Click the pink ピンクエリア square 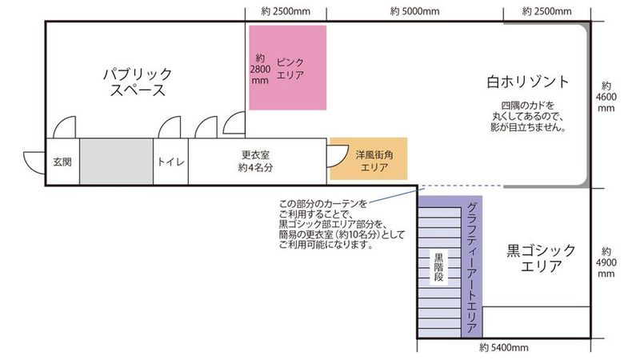click(288, 68)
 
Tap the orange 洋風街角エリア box click(369, 158)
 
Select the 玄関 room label click(62, 162)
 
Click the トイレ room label click(170, 162)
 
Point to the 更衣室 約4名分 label click(255, 162)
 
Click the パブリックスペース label click(138, 82)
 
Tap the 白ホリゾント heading click(528, 82)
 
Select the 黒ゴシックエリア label click(541, 258)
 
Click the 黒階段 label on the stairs click(438, 267)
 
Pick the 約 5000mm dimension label click(414, 11)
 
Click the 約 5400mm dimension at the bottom click(504, 348)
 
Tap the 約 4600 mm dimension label click(606, 97)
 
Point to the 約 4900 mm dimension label click(606, 262)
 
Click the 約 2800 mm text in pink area click(260, 70)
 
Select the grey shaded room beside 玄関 click(116, 162)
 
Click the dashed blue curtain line click(462, 186)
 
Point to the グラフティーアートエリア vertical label click(472, 268)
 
